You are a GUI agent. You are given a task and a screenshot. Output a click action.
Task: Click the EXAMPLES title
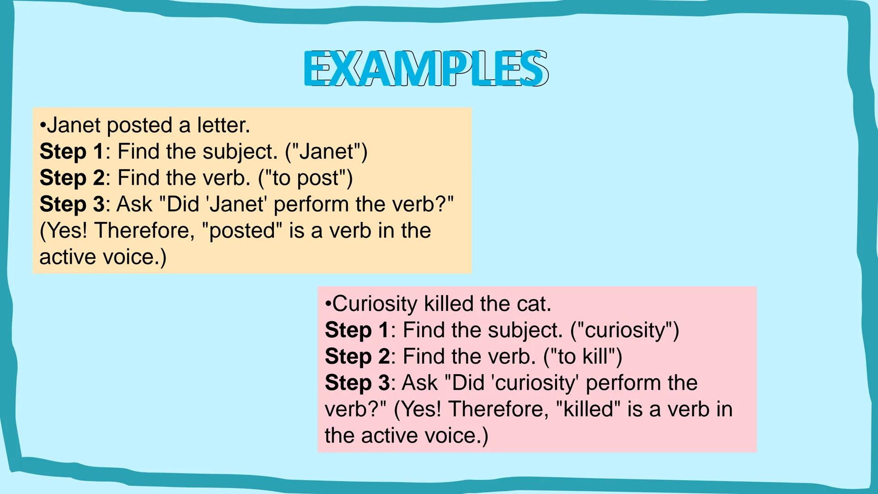tap(425, 69)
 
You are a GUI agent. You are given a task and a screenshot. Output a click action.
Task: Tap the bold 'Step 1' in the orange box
tap(72, 151)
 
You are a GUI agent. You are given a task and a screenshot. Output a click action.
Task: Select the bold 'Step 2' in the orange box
tap(72, 178)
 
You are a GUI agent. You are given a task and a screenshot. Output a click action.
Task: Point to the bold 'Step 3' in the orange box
tap(72, 204)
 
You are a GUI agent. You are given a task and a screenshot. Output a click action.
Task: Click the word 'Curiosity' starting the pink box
tap(375, 304)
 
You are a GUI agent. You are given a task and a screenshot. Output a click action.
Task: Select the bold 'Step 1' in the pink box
tap(357, 330)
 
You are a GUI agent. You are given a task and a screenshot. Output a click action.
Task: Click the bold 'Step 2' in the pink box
tap(357, 356)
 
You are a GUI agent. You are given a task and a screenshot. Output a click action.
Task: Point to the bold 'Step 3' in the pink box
tap(357, 383)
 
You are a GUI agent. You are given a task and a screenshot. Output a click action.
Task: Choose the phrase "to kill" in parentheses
tap(583, 356)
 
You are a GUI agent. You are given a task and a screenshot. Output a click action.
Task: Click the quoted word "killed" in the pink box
tap(589, 409)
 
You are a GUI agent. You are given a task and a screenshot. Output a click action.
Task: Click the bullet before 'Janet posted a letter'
tap(43, 125)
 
